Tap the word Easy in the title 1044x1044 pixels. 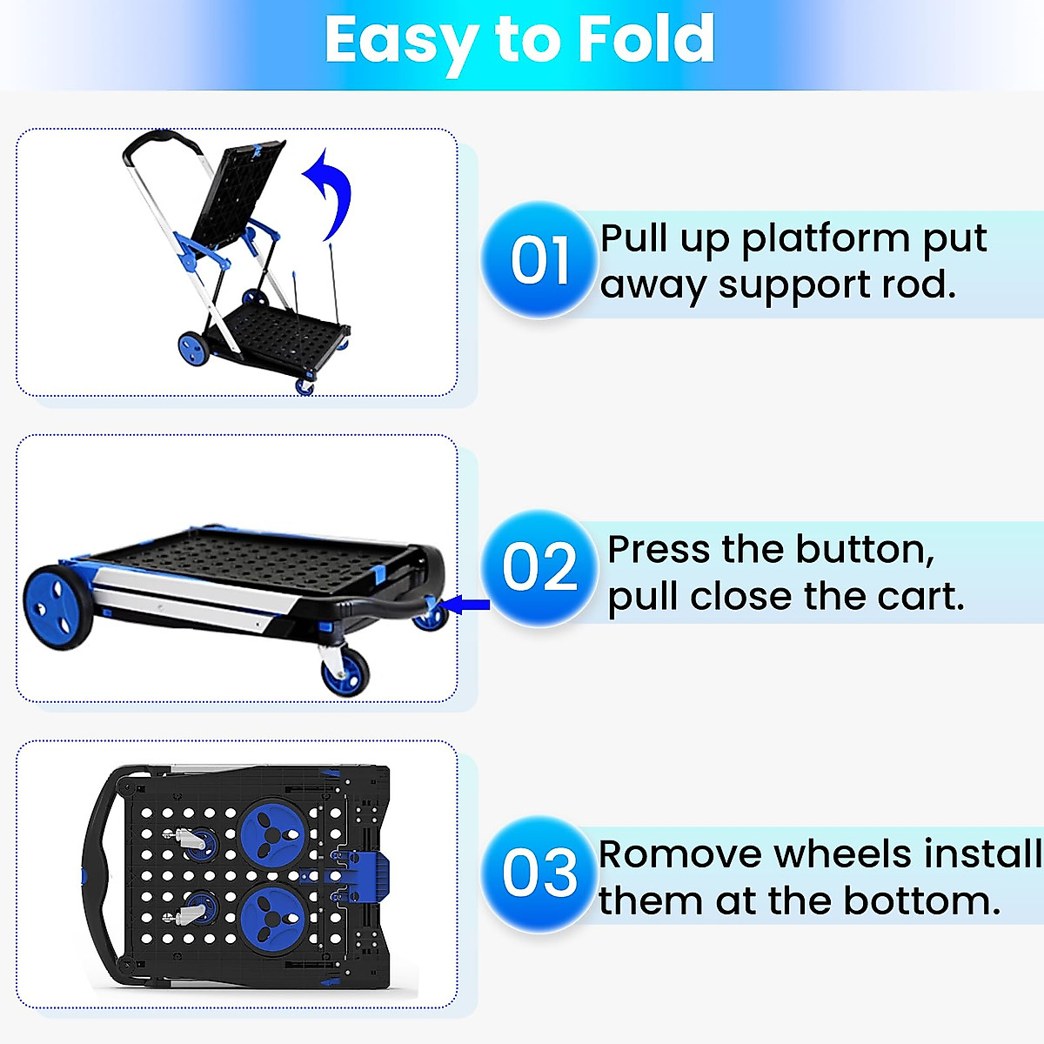(x=400, y=41)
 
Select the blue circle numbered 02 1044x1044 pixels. (x=539, y=567)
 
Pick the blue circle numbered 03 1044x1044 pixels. (x=539, y=873)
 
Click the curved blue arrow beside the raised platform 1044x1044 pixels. (x=331, y=191)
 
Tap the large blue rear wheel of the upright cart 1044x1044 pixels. (x=193, y=348)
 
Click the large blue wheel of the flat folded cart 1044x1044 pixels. (x=57, y=606)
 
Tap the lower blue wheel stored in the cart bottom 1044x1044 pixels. (x=271, y=916)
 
